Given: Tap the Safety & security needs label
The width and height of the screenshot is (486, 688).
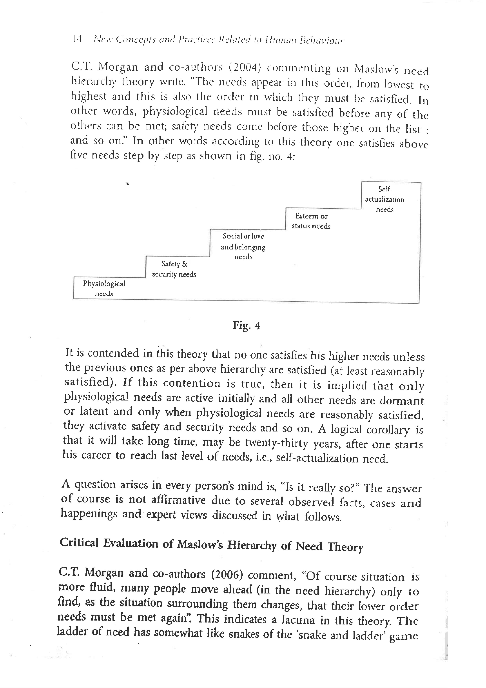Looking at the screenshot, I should pyautogui.click(x=174, y=269).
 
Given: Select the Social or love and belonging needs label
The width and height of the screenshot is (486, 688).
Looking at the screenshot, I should pyautogui.click(x=243, y=246).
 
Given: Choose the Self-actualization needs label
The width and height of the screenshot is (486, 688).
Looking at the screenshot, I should pyautogui.click(x=384, y=199).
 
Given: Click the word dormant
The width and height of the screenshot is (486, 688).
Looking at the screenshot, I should pyautogui.click(x=402, y=401).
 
